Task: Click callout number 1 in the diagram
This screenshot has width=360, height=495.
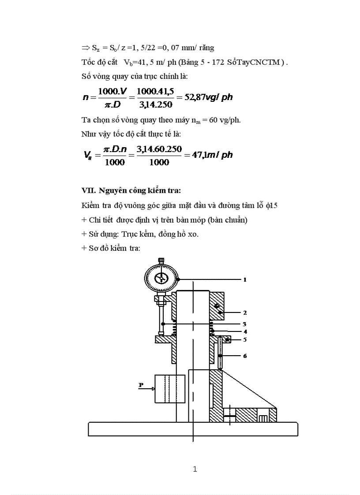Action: (244, 279)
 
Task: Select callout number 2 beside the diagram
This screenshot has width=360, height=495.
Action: (244, 313)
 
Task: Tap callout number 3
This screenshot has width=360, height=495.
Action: (244, 324)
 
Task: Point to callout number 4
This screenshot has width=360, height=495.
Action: (244, 331)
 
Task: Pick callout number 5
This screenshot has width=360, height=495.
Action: (244, 339)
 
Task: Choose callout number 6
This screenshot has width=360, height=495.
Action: (244, 355)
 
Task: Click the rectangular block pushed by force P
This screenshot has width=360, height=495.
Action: (165, 389)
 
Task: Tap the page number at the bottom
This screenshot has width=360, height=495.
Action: (195, 469)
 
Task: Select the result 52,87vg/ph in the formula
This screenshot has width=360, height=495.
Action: (208, 97)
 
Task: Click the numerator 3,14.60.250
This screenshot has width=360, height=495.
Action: (159, 149)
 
